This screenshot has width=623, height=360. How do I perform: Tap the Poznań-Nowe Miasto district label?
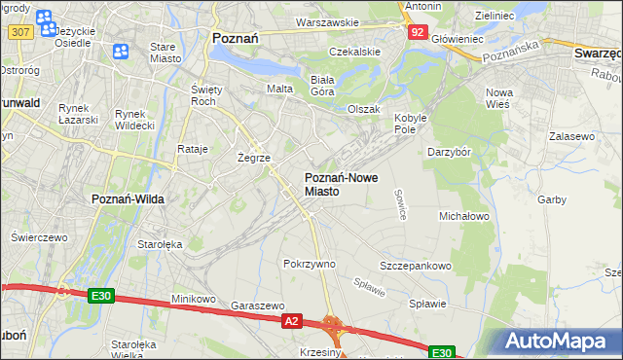pyautogui.click(x=336, y=184)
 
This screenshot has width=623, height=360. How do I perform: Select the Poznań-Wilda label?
pyautogui.click(x=128, y=198)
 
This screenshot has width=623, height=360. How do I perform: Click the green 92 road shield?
pyautogui.click(x=417, y=32)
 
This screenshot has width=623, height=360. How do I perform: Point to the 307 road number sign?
pyautogui.click(x=19, y=32)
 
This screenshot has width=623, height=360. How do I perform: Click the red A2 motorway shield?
pyautogui.click(x=290, y=319)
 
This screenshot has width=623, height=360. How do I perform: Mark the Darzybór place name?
pyautogui.click(x=449, y=152)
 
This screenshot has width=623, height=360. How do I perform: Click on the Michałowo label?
pyautogui.click(x=464, y=215)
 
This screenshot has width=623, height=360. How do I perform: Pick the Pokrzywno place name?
pyautogui.click(x=309, y=264)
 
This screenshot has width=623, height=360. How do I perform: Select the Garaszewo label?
pyautogui.click(x=257, y=304)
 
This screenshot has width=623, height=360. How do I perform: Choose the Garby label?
pyautogui.click(x=551, y=199)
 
